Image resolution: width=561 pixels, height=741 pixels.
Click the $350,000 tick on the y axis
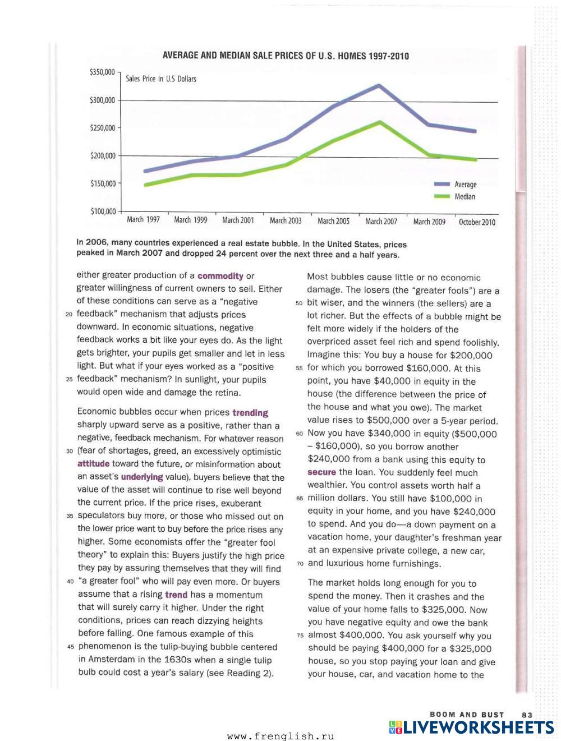tap(102, 72)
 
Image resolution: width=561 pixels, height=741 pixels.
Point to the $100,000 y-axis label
tap(103, 211)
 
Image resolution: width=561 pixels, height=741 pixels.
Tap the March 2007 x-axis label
tap(381, 222)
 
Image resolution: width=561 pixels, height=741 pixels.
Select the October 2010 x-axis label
tap(477, 222)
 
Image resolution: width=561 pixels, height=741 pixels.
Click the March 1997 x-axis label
tap(143, 219)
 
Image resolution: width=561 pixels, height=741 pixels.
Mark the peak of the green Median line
tap(380, 122)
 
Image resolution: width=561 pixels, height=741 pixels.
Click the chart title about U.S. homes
tap(286, 56)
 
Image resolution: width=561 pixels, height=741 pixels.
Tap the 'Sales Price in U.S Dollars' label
tap(161, 79)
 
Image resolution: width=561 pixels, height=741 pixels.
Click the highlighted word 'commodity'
tap(220, 276)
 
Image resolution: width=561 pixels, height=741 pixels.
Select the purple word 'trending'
tap(250, 413)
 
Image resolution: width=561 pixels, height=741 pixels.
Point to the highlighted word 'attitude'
tap(93, 464)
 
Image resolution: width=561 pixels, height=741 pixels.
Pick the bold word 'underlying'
tap(142, 477)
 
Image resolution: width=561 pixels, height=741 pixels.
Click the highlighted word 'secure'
tap(321, 472)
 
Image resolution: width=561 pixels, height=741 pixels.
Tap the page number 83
tap(527, 715)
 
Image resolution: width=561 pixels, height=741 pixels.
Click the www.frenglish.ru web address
tap(280, 737)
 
